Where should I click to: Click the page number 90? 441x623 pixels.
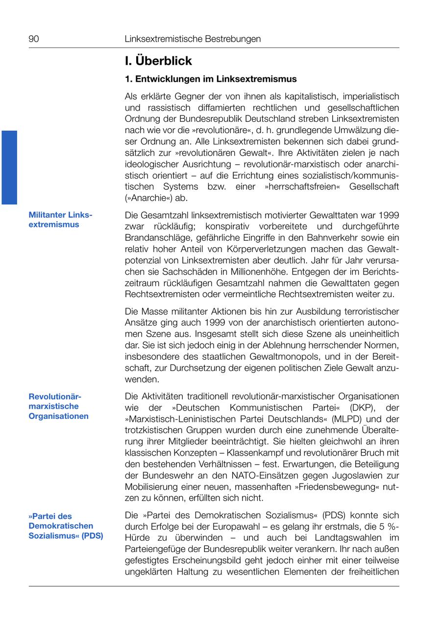34,39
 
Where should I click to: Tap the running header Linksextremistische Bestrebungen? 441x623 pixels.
193,39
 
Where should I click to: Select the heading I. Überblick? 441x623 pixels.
158,61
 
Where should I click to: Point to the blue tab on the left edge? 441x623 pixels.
9,167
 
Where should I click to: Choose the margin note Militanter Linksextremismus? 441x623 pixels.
60,220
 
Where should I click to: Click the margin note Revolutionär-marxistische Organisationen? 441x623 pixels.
58,406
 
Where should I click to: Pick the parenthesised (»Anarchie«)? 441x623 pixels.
148,198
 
